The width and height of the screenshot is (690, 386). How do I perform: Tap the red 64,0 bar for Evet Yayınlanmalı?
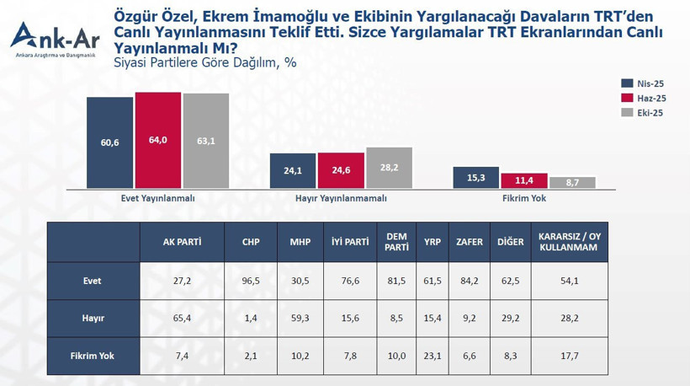pyautogui.click(x=158, y=140)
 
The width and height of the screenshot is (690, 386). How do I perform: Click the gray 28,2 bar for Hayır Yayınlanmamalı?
pyautogui.click(x=389, y=168)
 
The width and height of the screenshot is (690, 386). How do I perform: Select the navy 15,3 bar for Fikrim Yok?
pyautogui.click(x=475, y=177)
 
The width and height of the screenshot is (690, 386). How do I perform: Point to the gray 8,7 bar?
pyautogui.click(x=572, y=182)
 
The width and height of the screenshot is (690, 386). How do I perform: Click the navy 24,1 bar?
pyautogui.click(x=293, y=170)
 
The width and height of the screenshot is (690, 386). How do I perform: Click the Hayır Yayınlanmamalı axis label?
pyautogui.click(x=341, y=198)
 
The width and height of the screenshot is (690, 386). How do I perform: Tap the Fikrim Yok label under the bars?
pyautogui.click(x=523, y=198)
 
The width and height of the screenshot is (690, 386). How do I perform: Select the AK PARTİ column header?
pyautogui.click(x=182, y=241)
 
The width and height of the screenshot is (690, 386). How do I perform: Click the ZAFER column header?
pyautogui.click(x=469, y=241)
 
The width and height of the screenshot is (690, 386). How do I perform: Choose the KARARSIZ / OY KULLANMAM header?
pyautogui.click(x=568, y=241)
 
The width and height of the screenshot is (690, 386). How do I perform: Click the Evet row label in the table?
pyautogui.click(x=93, y=281)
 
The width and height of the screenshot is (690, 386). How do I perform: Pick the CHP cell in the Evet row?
pyautogui.click(x=250, y=281)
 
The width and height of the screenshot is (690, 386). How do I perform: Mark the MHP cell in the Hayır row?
pyautogui.click(x=300, y=318)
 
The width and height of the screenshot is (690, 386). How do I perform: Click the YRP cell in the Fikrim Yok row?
pyautogui.click(x=433, y=356)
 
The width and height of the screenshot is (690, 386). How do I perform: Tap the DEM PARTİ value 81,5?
pyautogui.click(x=396, y=281)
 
